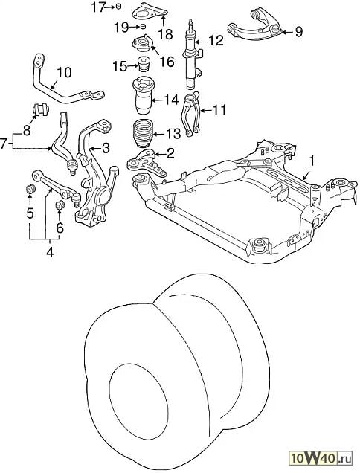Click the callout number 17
97,7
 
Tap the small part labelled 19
144,27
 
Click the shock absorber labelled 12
192,54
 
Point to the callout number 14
171,100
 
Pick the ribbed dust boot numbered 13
142,133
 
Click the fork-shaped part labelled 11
190,115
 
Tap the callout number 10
64,73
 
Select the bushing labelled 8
40,110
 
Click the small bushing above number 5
30,190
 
